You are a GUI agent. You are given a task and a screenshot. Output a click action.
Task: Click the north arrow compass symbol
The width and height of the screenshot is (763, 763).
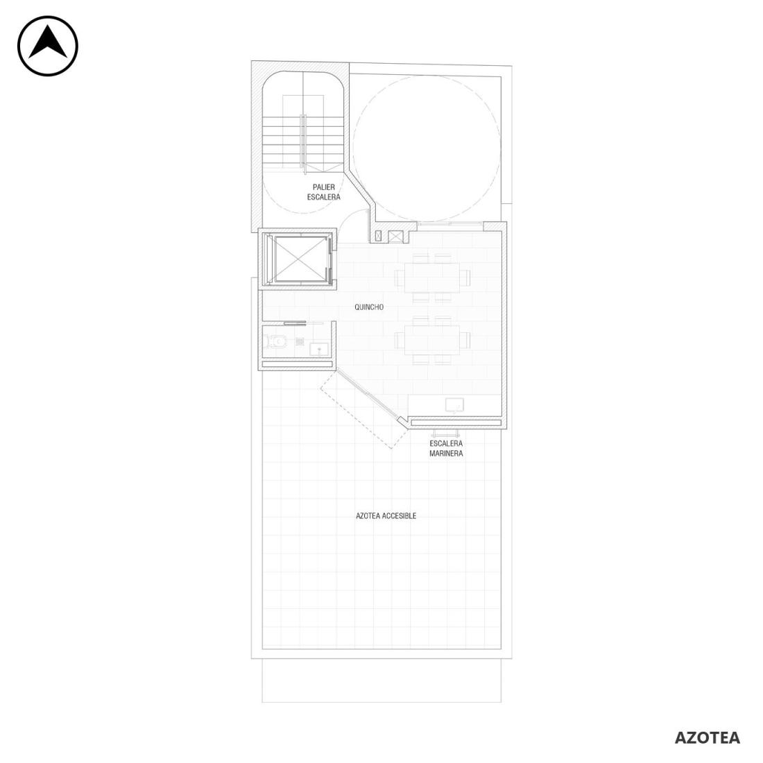pos(48,46)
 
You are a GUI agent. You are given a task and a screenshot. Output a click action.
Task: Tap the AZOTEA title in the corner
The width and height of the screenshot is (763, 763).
pos(707,738)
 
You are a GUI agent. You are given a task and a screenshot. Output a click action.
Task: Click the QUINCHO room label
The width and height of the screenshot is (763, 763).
pos(369,307)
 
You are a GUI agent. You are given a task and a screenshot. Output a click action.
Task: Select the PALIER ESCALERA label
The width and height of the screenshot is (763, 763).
pos(324,192)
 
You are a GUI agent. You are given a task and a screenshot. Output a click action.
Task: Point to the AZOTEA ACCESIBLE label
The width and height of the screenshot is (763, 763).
pos(386,516)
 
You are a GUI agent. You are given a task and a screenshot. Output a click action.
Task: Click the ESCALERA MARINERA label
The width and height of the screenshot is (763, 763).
pos(446,449)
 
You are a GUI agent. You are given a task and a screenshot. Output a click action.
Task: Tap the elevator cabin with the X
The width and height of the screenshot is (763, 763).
pos(299,259)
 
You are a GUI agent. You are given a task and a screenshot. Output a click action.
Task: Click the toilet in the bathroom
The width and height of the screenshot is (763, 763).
pos(275,342)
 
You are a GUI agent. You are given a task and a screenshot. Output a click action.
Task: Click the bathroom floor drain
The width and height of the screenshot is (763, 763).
pos(300,341)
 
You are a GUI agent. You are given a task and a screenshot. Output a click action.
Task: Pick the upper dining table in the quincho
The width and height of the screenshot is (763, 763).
pos(432,277)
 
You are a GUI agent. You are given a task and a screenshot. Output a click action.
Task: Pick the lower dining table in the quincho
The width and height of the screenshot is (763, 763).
pos(432,340)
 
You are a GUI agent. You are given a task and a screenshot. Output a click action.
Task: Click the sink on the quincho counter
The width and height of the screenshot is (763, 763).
pos(454,405)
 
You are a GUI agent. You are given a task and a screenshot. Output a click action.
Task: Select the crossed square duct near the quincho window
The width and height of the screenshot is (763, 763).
pos(396,237)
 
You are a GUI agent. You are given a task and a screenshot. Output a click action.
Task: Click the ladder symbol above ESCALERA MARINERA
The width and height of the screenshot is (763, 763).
pos(446,433)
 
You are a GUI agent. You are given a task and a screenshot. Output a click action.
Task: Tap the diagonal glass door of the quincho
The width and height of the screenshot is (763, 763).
pos(368,395)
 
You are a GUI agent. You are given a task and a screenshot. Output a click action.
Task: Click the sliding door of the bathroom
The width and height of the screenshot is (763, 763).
pos(295,322)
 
